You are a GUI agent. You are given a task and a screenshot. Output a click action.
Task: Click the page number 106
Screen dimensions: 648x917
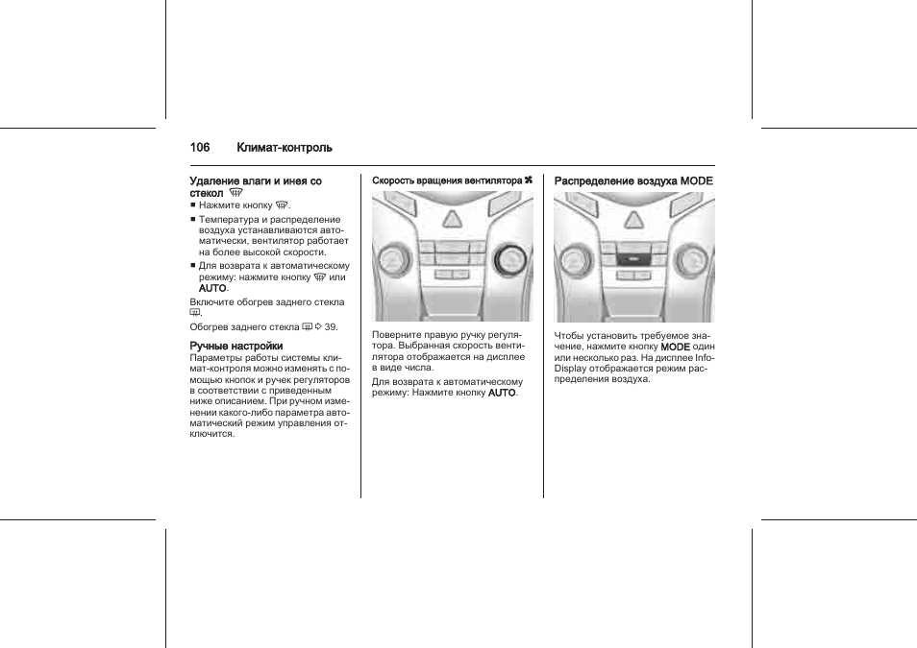pyautogui.click(x=200, y=148)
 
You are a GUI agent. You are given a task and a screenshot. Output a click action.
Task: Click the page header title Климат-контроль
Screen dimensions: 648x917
pyautogui.click(x=285, y=148)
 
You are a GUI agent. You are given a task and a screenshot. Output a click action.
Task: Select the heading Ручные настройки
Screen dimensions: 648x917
pyautogui.click(x=235, y=346)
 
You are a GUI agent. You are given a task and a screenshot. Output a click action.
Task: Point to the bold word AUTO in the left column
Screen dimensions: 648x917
pyautogui.click(x=211, y=288)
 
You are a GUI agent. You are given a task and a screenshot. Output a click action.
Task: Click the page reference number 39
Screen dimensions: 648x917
pyautogui.click(x=331, y=326)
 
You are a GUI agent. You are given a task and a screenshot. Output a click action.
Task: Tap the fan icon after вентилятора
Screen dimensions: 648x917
pyautogui.click(x=528, y=180)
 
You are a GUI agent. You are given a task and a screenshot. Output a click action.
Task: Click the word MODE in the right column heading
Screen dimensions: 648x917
pyautogui.click(x=697, y=180)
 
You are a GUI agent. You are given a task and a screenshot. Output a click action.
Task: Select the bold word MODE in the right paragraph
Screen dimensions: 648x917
pyautogui.click(x=676, y=347)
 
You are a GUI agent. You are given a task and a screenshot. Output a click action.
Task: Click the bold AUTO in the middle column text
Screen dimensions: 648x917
pyautogui.click(x=502, y=393)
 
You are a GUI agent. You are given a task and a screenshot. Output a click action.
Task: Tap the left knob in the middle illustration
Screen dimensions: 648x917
pyautogui.click(x=393, y=258)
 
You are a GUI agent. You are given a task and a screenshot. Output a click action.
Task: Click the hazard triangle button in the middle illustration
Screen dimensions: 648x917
pyautogui.click(x=451, y=220)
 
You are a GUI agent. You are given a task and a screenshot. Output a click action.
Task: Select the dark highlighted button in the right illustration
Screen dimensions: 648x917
pyautogui.click(x=632, y=258)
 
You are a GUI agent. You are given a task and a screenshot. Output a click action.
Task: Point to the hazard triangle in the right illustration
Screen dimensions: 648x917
pyautogui.click(x=633, y=220)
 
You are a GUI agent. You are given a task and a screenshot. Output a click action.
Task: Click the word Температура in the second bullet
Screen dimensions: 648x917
pyautogui.click(x=227, y=220)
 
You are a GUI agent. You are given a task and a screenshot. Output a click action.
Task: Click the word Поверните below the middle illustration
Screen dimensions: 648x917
pyautogui.click(x=397, y=334)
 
